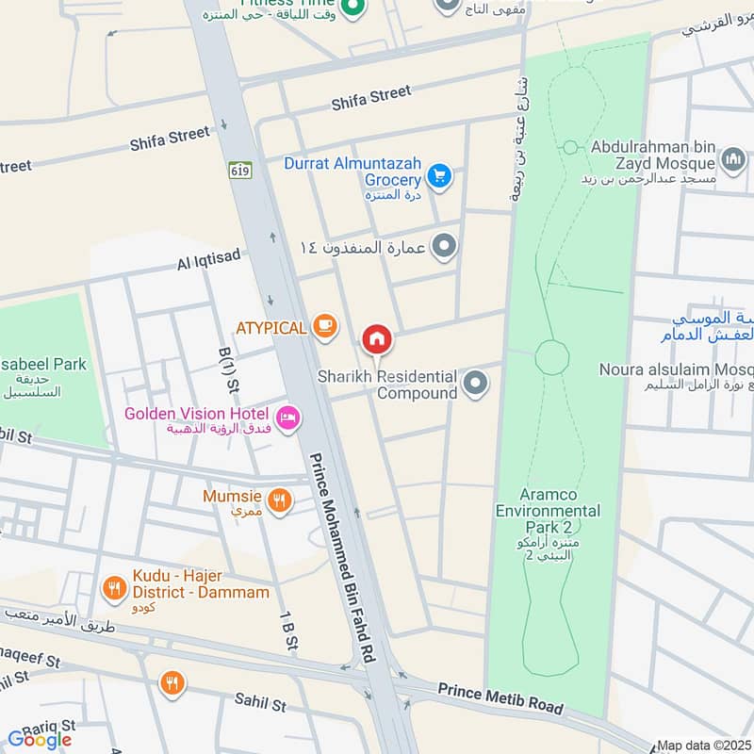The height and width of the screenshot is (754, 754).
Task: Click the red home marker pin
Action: (377, 338)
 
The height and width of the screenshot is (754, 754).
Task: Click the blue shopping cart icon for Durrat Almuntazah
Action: (438, 175)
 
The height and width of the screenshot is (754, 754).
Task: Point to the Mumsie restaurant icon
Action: (278, 501)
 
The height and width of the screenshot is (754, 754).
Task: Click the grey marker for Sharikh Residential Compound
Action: (476, 384)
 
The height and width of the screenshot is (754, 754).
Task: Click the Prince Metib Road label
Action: (500, 697)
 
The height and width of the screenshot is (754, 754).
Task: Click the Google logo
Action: (40, 740)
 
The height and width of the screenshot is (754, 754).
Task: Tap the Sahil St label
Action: (259, 703)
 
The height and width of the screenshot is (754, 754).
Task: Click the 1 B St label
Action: (287, 629)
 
